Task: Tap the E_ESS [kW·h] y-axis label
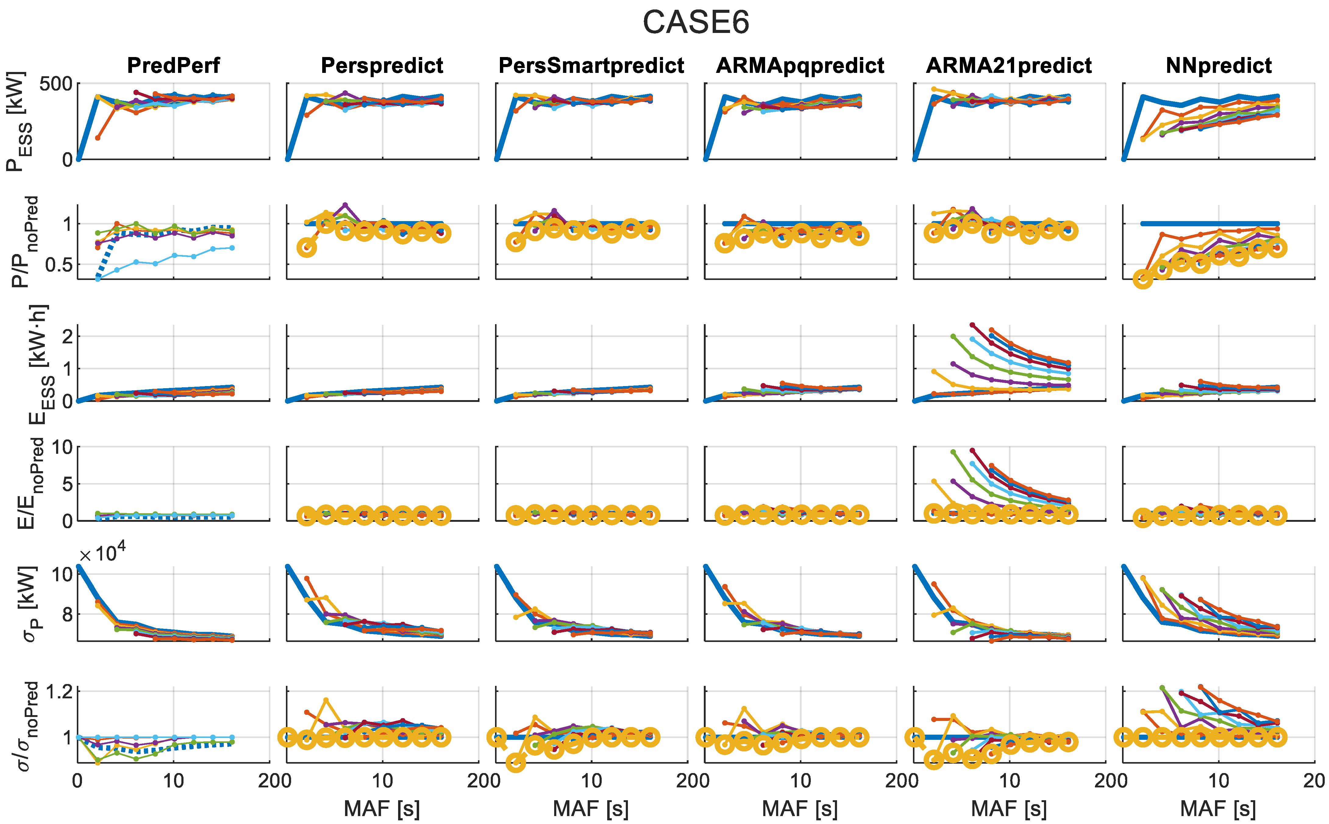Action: pos(38,364)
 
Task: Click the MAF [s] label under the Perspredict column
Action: pos(382,809)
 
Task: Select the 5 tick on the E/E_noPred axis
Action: pos(66,484)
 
